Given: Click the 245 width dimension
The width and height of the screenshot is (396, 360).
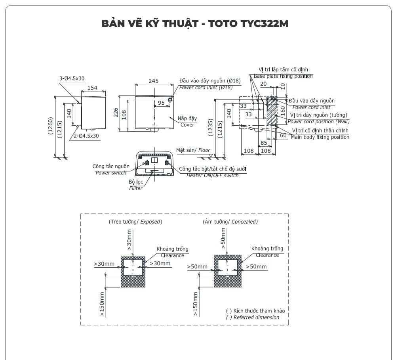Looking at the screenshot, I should [153, 81].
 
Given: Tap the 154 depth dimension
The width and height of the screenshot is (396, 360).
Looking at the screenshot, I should [92, 88].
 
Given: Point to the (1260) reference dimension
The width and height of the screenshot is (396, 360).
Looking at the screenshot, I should [51, 126].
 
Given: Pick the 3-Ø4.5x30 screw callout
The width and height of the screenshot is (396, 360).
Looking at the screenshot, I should [72, 79].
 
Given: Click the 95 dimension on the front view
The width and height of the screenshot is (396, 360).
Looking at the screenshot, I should [161, 103].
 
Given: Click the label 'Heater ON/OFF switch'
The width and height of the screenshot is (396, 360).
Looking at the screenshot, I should [213, 175].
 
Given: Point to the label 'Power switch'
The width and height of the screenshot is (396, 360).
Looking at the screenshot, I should [111, 172].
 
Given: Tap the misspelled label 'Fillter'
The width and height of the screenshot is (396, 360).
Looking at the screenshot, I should [136, 188].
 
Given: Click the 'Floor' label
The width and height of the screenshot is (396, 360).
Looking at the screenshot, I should [204, 150].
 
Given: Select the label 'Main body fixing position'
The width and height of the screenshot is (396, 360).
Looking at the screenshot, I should [320, 137].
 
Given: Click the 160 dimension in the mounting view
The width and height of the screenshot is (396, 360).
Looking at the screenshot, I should [282, 110].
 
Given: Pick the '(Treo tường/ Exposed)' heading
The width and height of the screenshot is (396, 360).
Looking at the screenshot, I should [135, 222].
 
